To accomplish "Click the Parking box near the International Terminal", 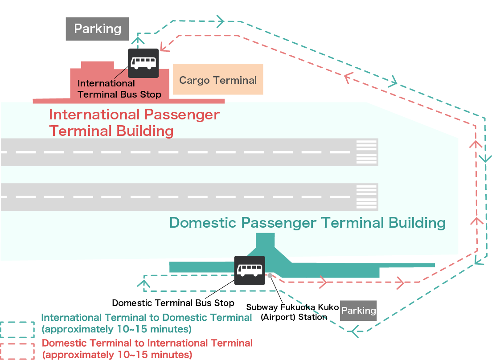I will coord(97,29).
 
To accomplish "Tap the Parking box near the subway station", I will coord(358,310).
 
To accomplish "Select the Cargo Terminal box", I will coord(218,80).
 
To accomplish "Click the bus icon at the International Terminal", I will coord(143,63).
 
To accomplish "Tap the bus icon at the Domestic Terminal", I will coord(250,270).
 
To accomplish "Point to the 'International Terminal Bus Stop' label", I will coord(119,89).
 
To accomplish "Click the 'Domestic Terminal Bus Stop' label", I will coord(173,303).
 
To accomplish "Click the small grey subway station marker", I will coord(270,275).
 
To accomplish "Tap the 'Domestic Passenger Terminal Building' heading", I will coord(307,223).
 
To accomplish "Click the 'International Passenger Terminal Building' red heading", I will coord(134,123).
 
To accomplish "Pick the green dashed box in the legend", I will coord(17,330).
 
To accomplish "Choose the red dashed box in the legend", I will coord(17,351).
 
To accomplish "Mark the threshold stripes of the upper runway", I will coord(367,152).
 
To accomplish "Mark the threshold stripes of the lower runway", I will coord(367,196).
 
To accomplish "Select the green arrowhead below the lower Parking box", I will coord(355,331).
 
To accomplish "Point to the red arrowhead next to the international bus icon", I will coord(164,45).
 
